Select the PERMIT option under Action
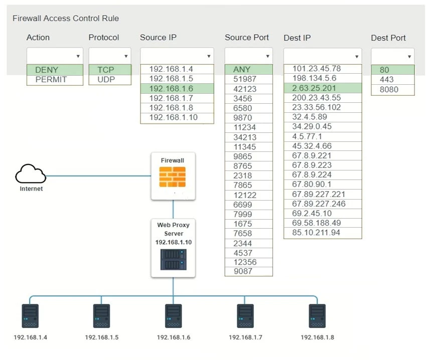[x=51, y=80]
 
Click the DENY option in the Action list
[x=47, y=70]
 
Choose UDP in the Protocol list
[x=106, y=80]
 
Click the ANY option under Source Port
[x=242, y=70]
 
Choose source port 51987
[x=245, y=79]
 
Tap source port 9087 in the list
[x=243, y=271]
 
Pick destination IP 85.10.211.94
[x=316, y=233]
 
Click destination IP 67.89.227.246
[x=319, y=204]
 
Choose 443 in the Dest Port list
[x=387, y=80]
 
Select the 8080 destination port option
[x=389, y=89]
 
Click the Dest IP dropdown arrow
[x=357, y=57]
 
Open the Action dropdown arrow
[x=78, y=57]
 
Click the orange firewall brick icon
[x=172, y=176]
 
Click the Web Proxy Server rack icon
[x=173, y=259]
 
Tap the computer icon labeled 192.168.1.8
[x=317, y=316]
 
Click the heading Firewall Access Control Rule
[x=66, y=19]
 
